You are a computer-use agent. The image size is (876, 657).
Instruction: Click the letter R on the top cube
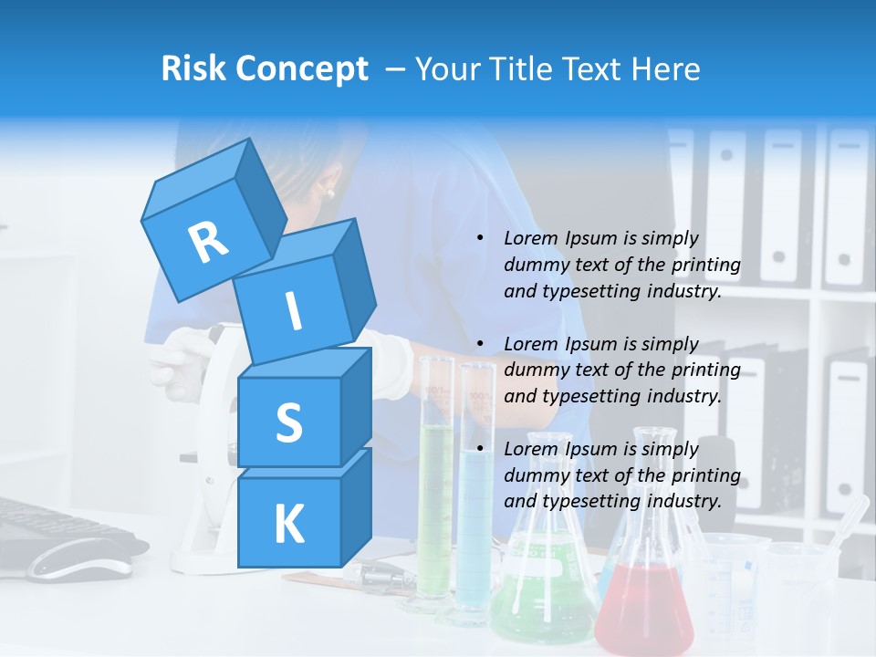click(x=208, y=242)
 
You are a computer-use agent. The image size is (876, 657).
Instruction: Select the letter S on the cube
click(x=288, y=422)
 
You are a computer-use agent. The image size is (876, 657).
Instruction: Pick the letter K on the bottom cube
click(x=288, y=524)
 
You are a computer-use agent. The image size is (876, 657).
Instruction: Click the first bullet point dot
click(x=481, y=238)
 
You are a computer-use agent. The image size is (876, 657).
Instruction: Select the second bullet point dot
click(x=481, y=344)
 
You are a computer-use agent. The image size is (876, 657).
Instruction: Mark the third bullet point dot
click(x=481, y=449)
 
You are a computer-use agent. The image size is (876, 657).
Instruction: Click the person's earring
click(x=329, y=193)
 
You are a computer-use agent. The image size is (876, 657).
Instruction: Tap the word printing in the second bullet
click(x=705, y=370)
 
